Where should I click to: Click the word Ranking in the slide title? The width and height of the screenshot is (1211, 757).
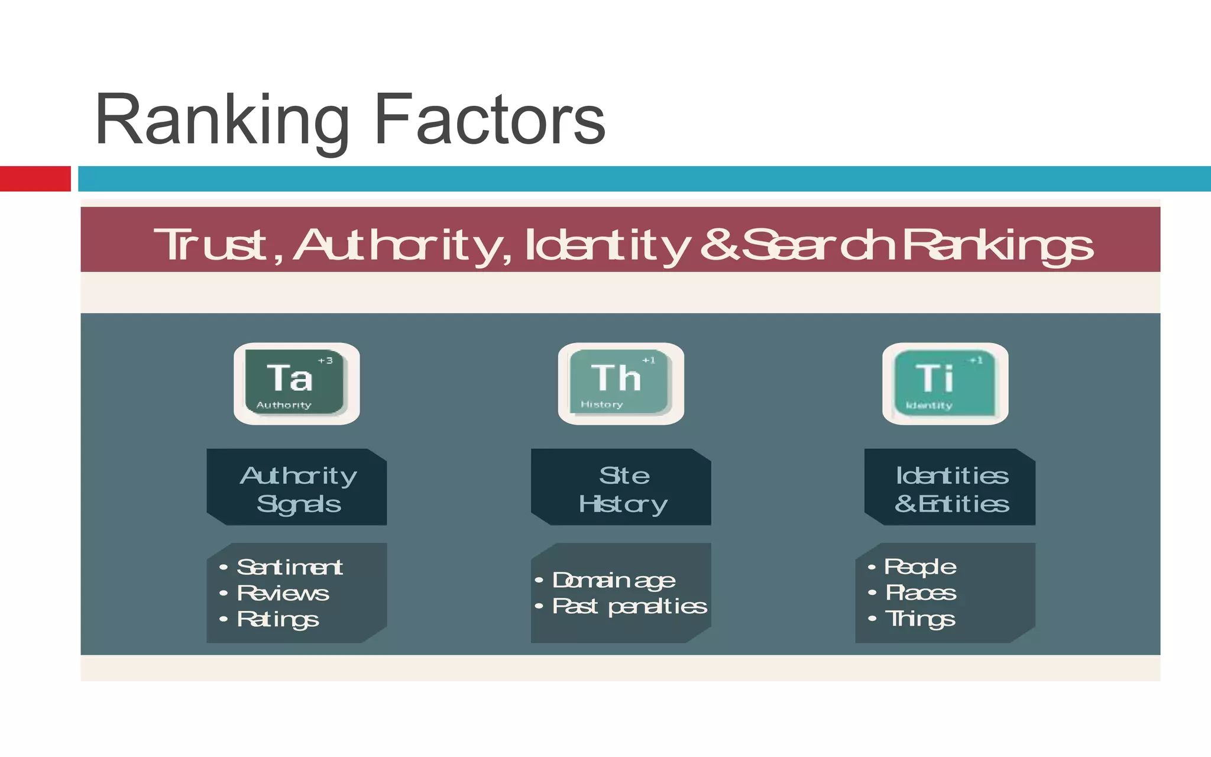(x=222, y=121)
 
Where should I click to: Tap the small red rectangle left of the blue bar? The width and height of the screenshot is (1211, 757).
(x=35, y=179)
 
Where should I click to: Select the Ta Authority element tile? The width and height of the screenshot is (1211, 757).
(x=296, y=383)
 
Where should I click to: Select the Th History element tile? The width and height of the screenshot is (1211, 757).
(x=620, y=383)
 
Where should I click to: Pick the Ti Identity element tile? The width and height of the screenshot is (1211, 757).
(x=944, y=383)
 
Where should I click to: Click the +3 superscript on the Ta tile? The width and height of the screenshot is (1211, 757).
(x=325, y=360)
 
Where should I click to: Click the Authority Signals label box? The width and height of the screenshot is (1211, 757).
(x=297, y=487)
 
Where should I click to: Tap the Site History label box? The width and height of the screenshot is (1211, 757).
(x=621, y=487)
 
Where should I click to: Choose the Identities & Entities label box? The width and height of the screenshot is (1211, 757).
(x=950, y=487)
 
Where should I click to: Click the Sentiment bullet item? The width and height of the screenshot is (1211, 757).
(x=289, y=567)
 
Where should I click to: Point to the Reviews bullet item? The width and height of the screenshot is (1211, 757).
(x=283, y=593)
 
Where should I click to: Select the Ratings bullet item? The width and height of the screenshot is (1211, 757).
(x=278, y=619)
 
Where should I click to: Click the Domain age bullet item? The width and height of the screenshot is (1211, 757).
(x=613, y=580)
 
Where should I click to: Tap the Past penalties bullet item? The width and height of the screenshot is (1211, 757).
(x=629, y=606)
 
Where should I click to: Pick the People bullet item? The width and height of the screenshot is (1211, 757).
(x=919, y=567)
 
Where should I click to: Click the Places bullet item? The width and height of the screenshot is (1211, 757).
(x=920, y=593)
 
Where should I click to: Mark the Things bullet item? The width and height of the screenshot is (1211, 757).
(x=919, y=619)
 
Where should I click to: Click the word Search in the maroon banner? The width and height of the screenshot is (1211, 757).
(x=819, y=245)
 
